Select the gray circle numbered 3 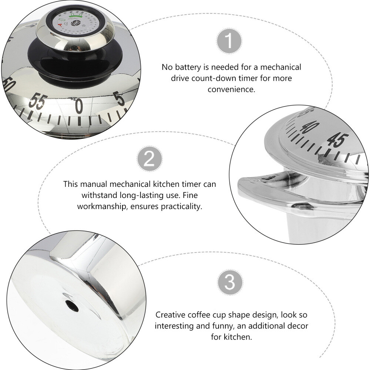click(x=229, y=283)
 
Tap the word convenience click(x=231, y=90)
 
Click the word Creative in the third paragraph click(x=169, y=315)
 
